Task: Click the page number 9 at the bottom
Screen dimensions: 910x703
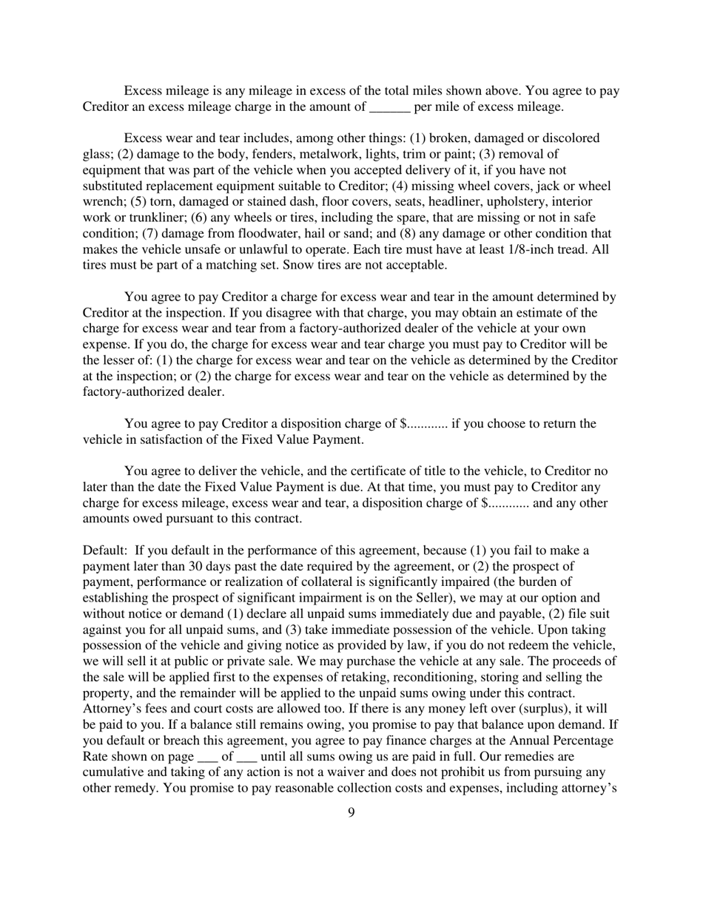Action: [x=351, y=813]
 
